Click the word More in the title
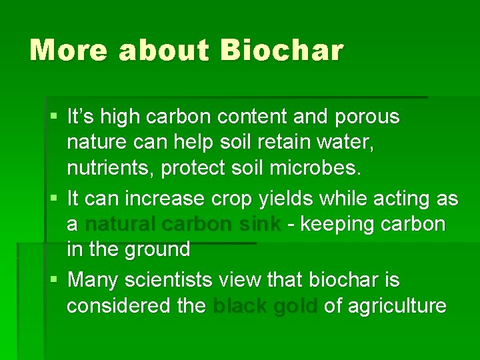point(68,50)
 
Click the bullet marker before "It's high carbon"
point(53,117)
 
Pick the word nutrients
point(110,169)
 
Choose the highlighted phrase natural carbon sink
point(183,224)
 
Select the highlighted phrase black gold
point(265,306)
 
